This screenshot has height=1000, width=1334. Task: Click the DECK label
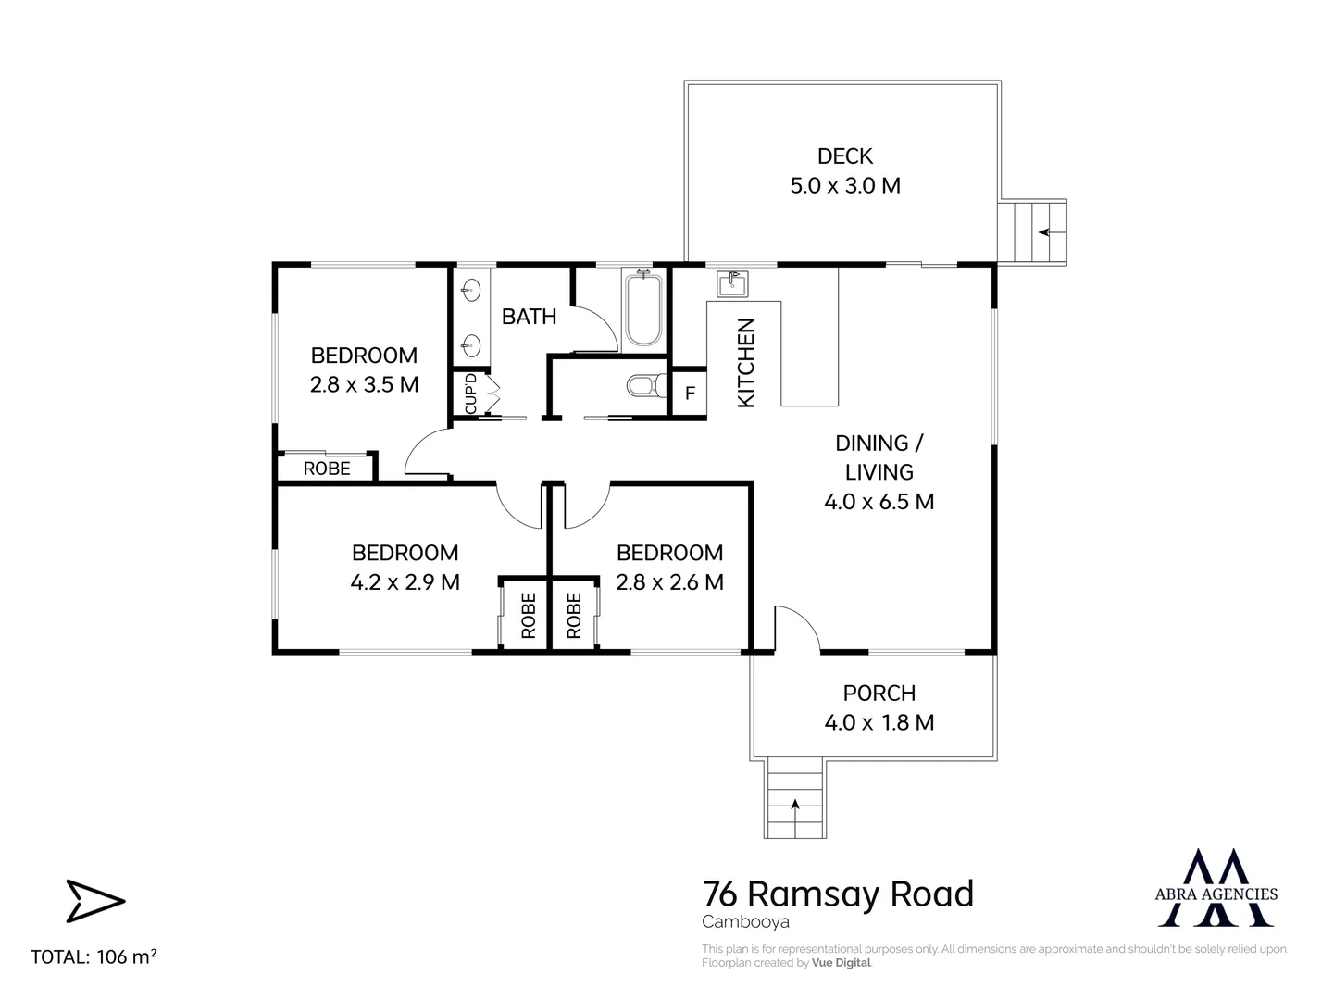point(844,156)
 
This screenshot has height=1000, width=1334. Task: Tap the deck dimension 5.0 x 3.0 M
point(844,185)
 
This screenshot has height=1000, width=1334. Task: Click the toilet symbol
point(645,384)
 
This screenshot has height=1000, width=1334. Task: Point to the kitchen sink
point(731,282)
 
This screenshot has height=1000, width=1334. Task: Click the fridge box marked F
point(689,394)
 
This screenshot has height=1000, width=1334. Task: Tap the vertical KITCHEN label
point(746,362)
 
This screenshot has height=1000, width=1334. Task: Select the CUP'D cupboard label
point(470,394)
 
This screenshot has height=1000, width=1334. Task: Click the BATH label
point(529,317)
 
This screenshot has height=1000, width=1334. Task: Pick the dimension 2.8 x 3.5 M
point(364,384)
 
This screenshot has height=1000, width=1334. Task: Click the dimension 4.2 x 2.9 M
point(405,582)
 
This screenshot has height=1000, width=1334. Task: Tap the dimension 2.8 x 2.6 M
point(669,582)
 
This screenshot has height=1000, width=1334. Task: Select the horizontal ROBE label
point(327,469)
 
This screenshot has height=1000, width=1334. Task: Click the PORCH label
point(879,693)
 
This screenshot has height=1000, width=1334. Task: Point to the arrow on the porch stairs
point(795,806)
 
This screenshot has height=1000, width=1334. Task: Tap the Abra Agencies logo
point(1216,887)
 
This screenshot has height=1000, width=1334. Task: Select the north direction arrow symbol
point(94,901)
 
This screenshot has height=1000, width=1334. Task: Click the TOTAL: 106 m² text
point(94,957)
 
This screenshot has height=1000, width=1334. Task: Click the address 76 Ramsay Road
point(838,894)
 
